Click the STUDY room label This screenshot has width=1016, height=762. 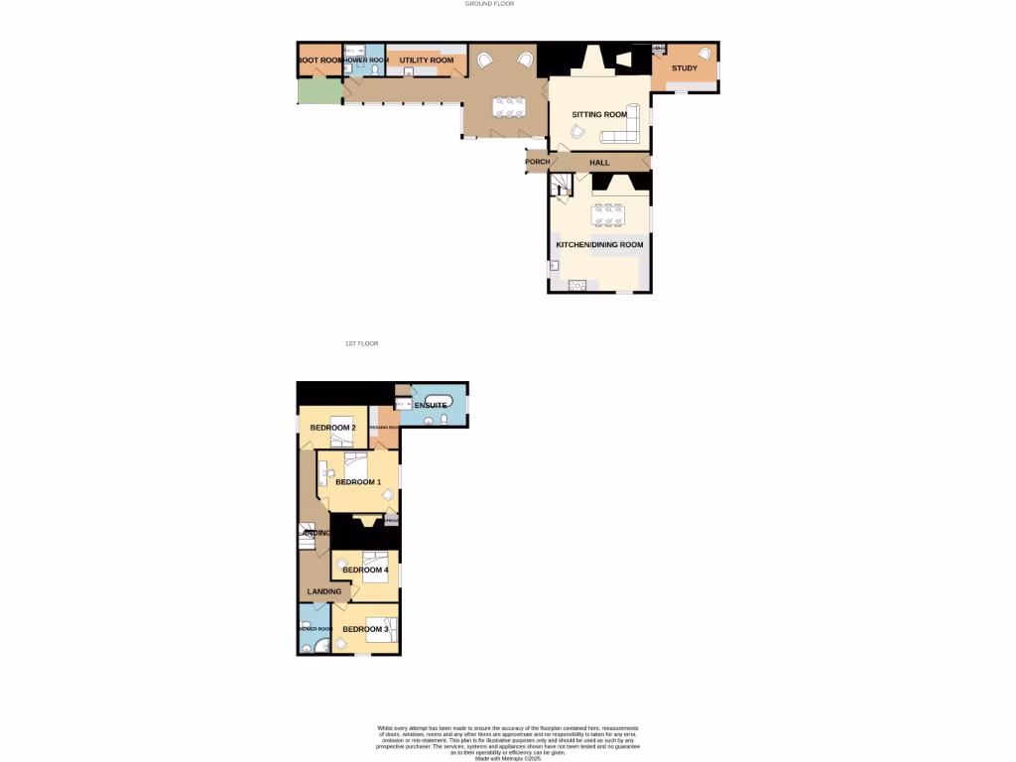[685, 68]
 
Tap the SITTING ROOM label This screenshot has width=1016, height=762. [599, 115]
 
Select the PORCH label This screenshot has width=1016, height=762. [537, 162]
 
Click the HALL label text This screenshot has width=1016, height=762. [599, 162]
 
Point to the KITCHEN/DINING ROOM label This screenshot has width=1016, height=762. [599, 244]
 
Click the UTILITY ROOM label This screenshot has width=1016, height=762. [427, 61]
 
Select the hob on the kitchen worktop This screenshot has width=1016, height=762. [577, 286]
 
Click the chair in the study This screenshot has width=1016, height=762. [705, 55]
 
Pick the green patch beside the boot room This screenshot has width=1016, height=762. [318, 90]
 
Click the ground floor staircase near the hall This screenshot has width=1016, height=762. [561, 185]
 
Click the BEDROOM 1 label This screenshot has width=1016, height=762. [358, 482]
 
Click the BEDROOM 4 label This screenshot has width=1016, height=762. [365, 571]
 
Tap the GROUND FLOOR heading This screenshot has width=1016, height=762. [490, 4]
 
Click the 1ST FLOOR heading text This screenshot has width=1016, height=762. [361, 343]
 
